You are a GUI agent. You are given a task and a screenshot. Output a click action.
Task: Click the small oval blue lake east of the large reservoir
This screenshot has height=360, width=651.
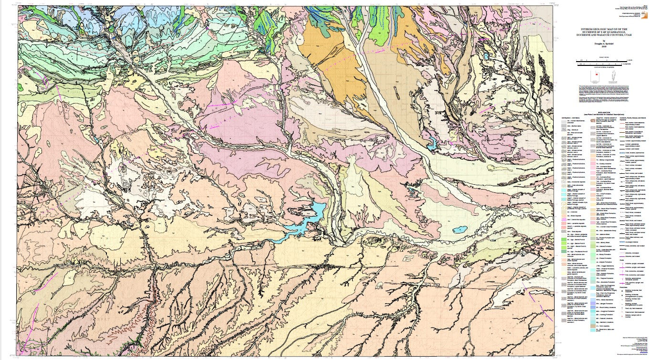tap(460, 230)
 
